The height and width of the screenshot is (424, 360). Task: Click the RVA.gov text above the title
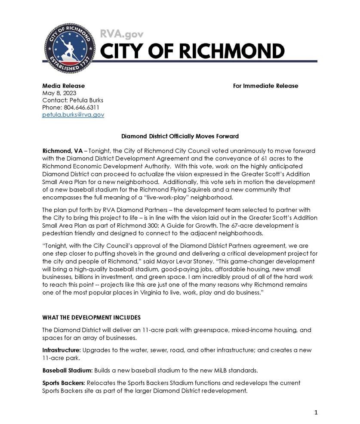coord(122,34)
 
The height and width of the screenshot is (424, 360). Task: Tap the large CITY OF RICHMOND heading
coord(192,52)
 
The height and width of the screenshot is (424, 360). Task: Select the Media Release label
coord(63,86)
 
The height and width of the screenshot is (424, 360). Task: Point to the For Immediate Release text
coord(265,86)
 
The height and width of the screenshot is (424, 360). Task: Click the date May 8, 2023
coord(59,93)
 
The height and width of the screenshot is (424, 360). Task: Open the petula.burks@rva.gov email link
coord(73,115)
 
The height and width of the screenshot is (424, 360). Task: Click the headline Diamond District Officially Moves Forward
coord(180,136)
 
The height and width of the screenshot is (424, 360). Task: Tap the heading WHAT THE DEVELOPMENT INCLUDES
coord(91,318)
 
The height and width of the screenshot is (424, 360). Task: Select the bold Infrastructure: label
coord(61,350)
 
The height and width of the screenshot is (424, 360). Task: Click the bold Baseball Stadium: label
coord(67,370)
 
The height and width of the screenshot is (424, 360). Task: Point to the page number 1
coord(316,412)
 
